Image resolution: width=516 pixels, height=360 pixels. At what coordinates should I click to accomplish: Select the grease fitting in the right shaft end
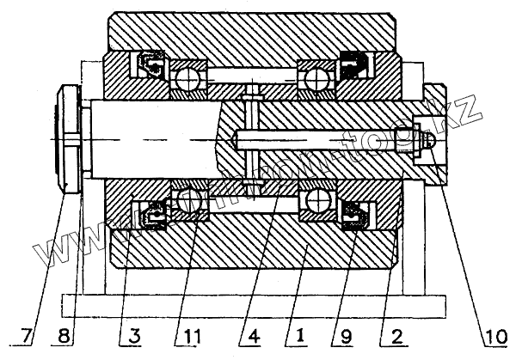425,138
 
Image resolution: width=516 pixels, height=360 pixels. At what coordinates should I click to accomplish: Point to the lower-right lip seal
353,215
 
